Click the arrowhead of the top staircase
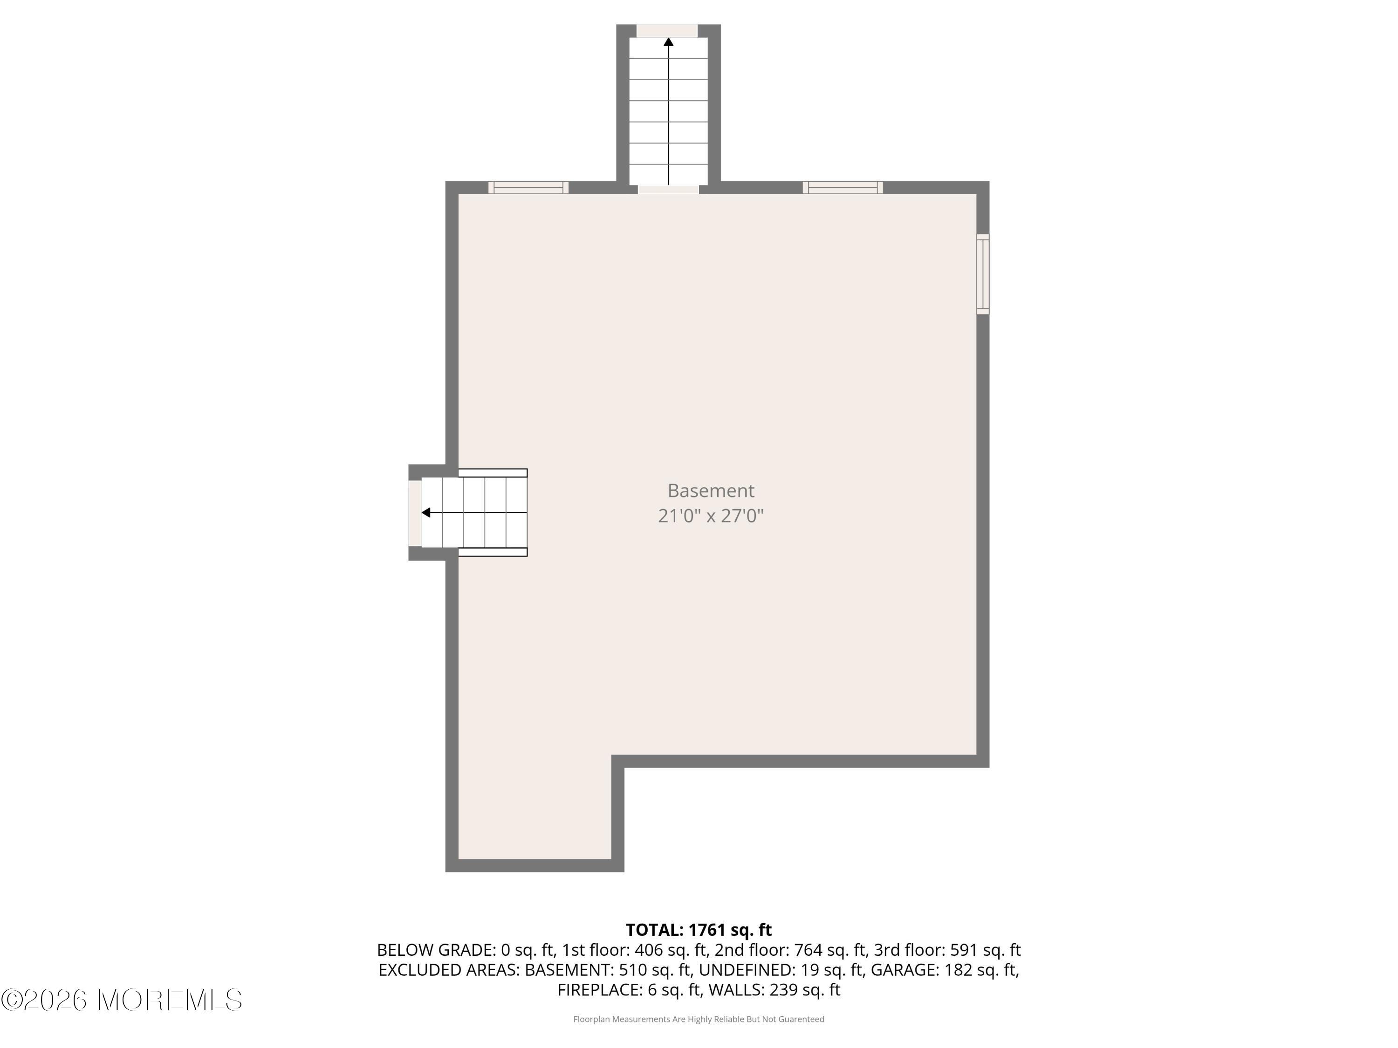click(x=668, y=42)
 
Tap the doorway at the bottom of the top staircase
click(x=668, y=189)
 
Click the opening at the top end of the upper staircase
click(x=667, y=30)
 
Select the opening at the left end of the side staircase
click(x=415, y=513)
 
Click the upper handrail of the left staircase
click(x=493, y=472)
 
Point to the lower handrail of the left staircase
click(x=493, y=552)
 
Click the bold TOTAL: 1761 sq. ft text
click(x=699, y=930)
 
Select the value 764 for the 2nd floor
click(x=812, y=950)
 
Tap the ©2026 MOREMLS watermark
click(x=121, y=1000)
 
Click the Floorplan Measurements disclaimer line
click(x=699, y=1019)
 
